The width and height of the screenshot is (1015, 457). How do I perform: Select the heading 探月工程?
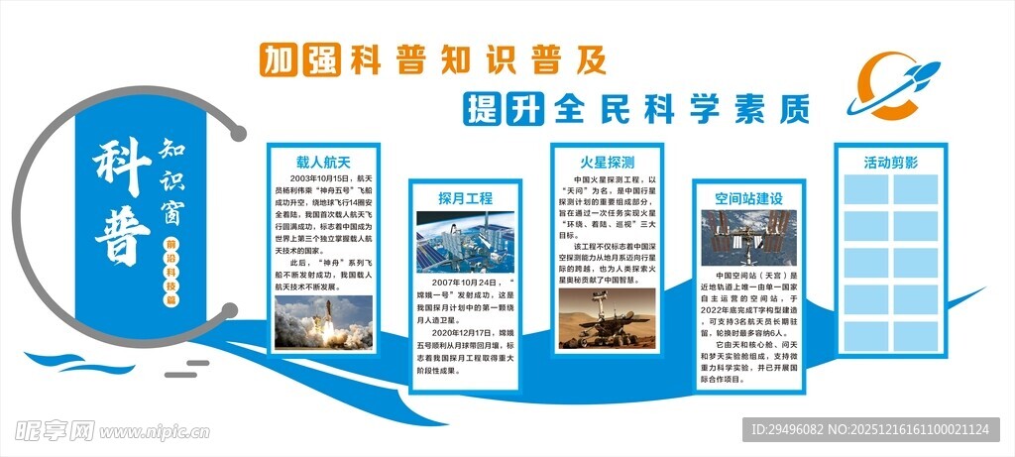[x=465, y=197]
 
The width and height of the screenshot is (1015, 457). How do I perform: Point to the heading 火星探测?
[x=607, y=161]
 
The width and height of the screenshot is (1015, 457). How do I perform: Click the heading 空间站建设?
[x=749, y=197]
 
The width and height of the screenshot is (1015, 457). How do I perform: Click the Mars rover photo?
[x=607, y=318]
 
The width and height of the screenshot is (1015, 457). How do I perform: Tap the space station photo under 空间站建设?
[x=749, y=237]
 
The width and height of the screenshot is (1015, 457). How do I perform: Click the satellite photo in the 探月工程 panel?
[x=465, y=242]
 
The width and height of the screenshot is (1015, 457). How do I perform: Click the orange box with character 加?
[x=279, y=60]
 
